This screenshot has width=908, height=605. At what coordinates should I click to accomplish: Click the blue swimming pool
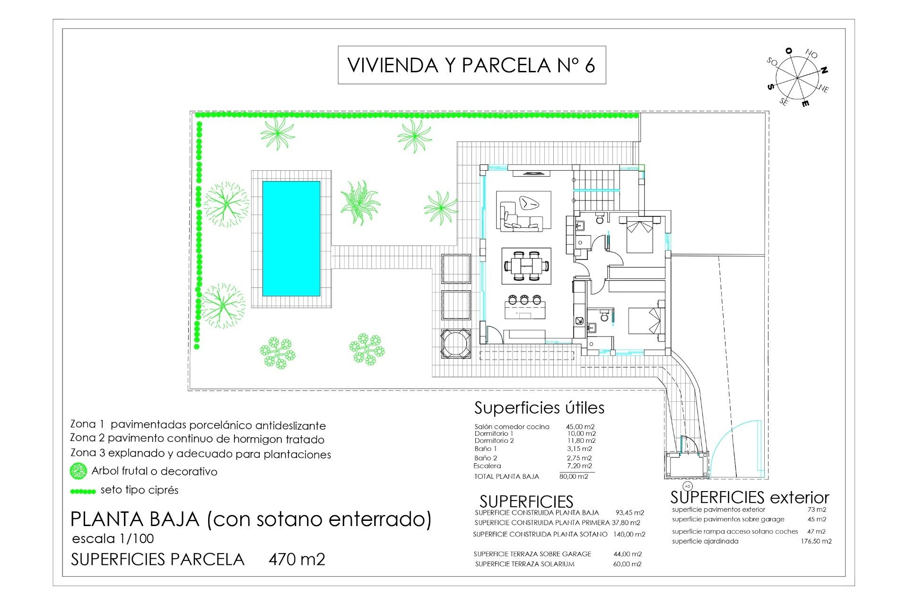[x=291, y=239]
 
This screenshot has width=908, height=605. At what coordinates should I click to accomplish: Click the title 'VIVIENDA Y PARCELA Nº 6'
[x=471, y=65]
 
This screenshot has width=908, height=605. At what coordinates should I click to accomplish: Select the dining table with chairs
[x=526, y=266]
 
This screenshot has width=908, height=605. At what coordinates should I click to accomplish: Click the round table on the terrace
[x=455, y=344]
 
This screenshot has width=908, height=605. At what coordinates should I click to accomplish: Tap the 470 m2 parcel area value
[x=297, y=560]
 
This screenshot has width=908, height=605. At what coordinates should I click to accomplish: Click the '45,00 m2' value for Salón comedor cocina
[x=580, y=427]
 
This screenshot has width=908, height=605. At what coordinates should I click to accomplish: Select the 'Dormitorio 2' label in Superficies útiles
[x=494, y=441]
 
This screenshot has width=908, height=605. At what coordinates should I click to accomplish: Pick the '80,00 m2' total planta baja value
[x=574, y=476]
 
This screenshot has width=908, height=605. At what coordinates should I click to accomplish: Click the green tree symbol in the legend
[x=79, y=471]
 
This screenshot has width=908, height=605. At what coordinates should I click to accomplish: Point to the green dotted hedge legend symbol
[x=83, y=492]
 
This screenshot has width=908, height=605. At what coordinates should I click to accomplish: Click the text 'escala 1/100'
[x=113, y=539]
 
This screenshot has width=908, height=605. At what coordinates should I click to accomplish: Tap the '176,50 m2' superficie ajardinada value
[x=816, y=541]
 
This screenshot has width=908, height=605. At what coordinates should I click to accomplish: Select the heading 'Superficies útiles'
[x=539, y=408]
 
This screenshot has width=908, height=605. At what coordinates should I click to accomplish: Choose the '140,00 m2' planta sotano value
[x=630, y=535]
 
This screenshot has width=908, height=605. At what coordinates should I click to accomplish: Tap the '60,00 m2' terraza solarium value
[x=628, y=564]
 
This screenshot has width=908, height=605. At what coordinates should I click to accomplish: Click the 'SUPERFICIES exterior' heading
[x=750, y=497]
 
